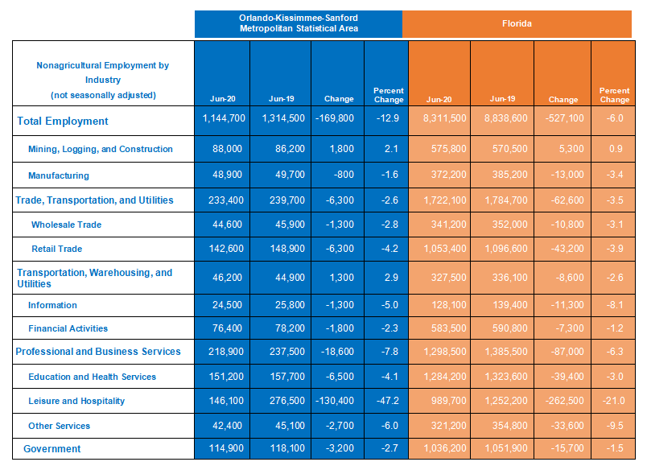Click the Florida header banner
click(x=517, y=24)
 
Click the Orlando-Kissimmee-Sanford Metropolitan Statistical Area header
click(x=299, y=23)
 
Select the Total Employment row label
click(x=62, y=121)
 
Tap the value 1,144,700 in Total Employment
click(x=224, y=118)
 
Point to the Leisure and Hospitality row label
click(x=76, y=401)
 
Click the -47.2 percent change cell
click(x=387, y=400)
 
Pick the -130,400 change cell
click(x=335, y=400)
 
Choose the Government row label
click(x=52, y=448)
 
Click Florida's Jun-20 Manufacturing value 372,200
click(x=448, y=175)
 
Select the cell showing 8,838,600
click(x=506, y=118)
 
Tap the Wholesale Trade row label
click(x=67, y=225)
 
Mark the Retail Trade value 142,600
click(x=226, y=249)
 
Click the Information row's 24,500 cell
click(x=227, y=305)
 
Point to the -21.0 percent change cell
click(x=613, y=400)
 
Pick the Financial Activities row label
click(x=68, y=328)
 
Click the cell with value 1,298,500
click(x=445, y=352)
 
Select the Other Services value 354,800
click(x=509, y=426)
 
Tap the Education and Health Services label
click(x=92, y=377)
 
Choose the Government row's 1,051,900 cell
click(x=506, y=448)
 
